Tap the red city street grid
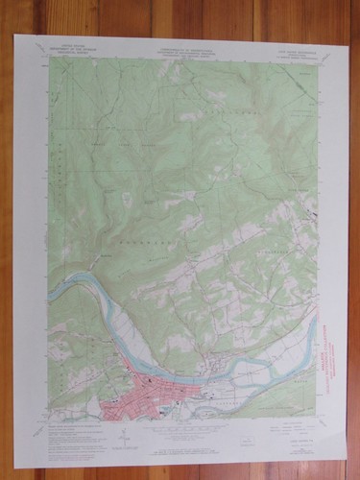coord(144,393)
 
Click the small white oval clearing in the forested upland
coord(129,198)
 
